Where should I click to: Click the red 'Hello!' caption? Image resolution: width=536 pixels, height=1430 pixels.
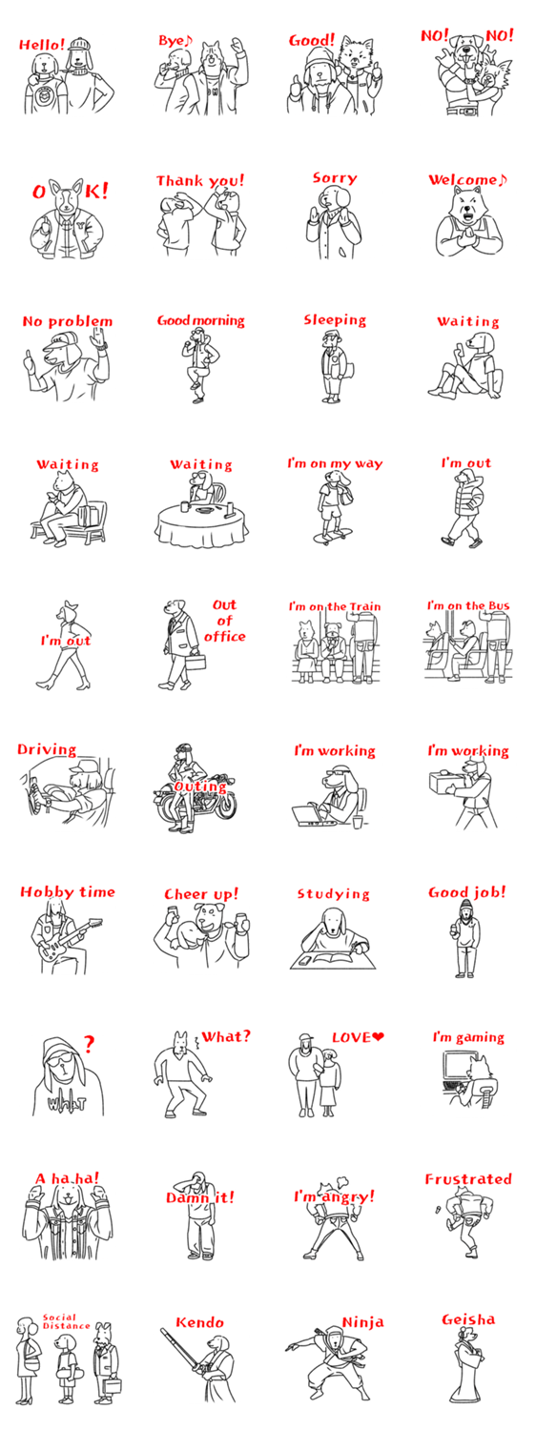[42, 44]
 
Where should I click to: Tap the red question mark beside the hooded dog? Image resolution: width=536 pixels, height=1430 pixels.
[89, 1044]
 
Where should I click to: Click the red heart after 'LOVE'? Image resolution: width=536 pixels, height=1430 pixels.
[379, 1037]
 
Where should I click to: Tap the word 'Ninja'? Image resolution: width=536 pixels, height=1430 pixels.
[362, 1322]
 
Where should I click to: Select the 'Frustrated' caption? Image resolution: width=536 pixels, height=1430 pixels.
[468, 1179]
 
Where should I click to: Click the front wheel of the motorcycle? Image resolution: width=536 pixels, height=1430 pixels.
[223, 805]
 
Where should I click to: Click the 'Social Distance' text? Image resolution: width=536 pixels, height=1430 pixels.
[66, 1321]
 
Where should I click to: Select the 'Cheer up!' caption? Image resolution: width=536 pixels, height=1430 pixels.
[201, 894]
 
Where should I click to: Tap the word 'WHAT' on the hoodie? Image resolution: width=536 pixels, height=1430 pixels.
[67, 1102]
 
